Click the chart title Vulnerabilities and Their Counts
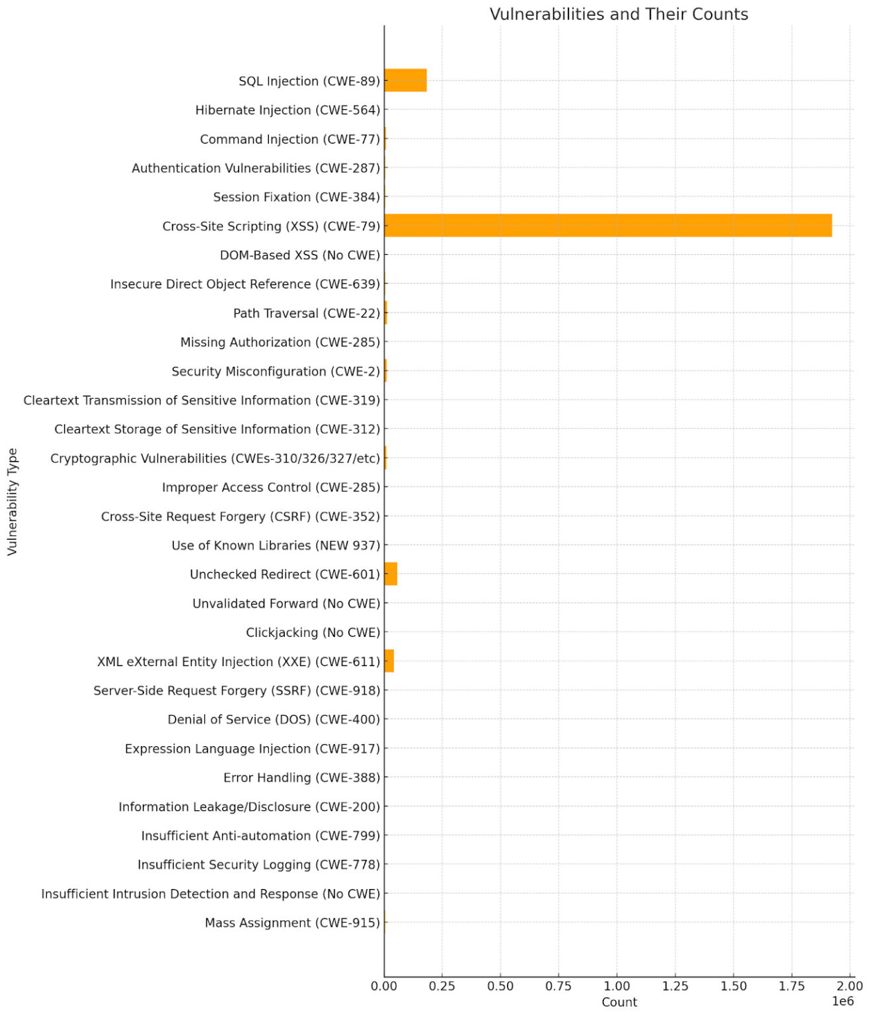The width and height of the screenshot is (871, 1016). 619,15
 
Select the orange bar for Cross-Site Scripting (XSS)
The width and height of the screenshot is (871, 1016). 607,226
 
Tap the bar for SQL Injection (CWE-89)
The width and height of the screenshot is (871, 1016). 405,81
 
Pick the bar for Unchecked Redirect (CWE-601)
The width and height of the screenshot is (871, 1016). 391,574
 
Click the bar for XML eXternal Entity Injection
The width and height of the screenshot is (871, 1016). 389,661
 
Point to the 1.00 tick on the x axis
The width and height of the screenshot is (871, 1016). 617,986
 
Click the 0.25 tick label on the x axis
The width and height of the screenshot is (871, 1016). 442,986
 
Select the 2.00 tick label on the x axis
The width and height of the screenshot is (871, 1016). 850,986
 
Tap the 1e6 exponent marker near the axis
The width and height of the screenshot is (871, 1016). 843,1001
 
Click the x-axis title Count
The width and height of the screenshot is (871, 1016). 619,1002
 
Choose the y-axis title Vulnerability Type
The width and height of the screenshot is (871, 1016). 13,501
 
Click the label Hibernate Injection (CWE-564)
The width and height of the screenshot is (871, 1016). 287,110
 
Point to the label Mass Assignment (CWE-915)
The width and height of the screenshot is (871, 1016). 292,923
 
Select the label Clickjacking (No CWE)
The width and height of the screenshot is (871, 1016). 313,632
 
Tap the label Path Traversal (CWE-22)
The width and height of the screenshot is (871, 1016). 307,313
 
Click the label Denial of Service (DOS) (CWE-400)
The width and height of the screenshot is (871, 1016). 274,719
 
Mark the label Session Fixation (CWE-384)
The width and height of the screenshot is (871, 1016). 297,197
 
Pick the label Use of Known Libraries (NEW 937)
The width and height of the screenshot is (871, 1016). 276,545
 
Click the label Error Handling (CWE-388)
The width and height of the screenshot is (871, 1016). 301,777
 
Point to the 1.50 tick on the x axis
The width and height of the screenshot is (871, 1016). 734,986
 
